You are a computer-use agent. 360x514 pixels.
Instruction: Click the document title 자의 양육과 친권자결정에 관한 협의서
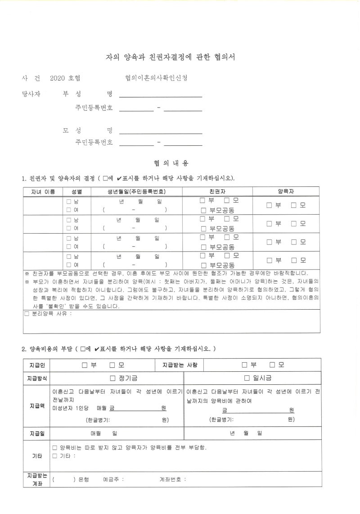click(x=171, y=57)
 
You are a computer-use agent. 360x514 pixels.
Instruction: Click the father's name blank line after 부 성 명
click(x=160, y=95)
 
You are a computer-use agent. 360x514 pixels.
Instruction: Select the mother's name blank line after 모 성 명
click(x=160, y=131)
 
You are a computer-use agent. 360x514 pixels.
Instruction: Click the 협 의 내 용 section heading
click(x=171, y=163)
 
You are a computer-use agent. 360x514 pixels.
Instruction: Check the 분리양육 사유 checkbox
click(x=27, y=314)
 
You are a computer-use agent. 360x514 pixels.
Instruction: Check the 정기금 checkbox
click(x=113, y=378)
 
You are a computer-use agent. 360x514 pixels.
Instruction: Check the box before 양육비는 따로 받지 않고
click(x=55, y=448)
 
